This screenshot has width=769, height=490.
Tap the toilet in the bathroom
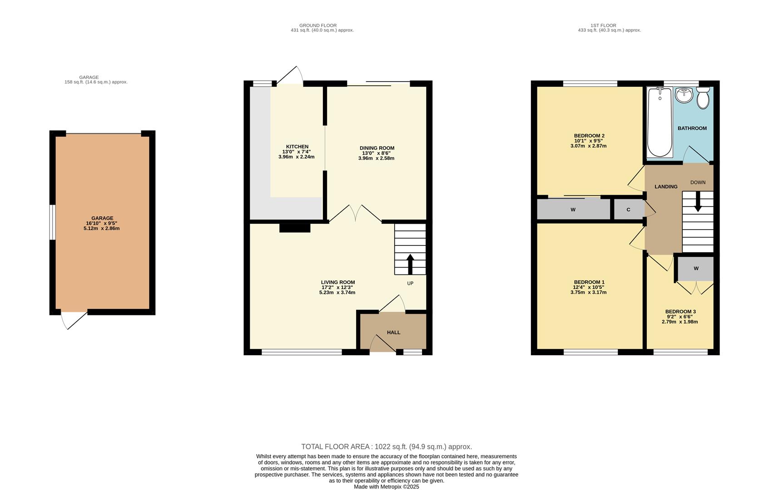point(703,98)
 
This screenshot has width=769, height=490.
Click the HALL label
point(393,333)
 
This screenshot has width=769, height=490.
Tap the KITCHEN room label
point(297,147)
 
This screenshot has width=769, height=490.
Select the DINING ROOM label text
point(377,148)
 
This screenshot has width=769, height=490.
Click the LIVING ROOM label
point(337,282)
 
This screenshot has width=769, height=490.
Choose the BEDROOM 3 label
point(680,312)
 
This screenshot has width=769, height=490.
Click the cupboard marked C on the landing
point(628,210)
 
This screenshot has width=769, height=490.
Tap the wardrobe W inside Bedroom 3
point(696,269)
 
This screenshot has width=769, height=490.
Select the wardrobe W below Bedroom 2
point(573,210)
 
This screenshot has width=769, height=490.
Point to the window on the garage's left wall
point(53,222)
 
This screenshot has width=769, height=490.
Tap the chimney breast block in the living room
point(294,228)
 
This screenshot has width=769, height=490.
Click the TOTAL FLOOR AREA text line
point(386,446)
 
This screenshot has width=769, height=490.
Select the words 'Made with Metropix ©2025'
point(386,487)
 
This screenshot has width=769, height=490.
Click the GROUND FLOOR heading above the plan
point(318,25)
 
